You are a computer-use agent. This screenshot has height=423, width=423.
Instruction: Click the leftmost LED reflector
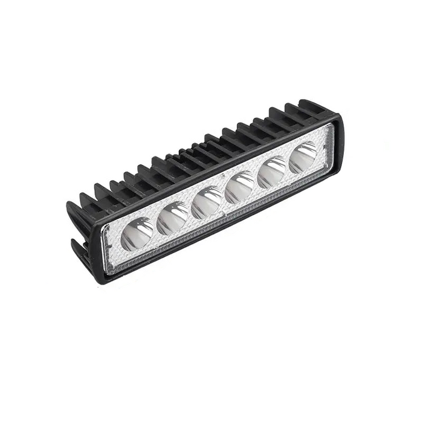coord(138,233)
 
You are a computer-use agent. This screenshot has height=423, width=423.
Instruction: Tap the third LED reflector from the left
coord(207,201)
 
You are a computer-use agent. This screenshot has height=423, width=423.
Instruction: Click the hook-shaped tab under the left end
coord(77,248)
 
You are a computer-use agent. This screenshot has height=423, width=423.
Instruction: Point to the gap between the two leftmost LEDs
coord(155,227)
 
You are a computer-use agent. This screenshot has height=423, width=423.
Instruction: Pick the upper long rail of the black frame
coord(218,170)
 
